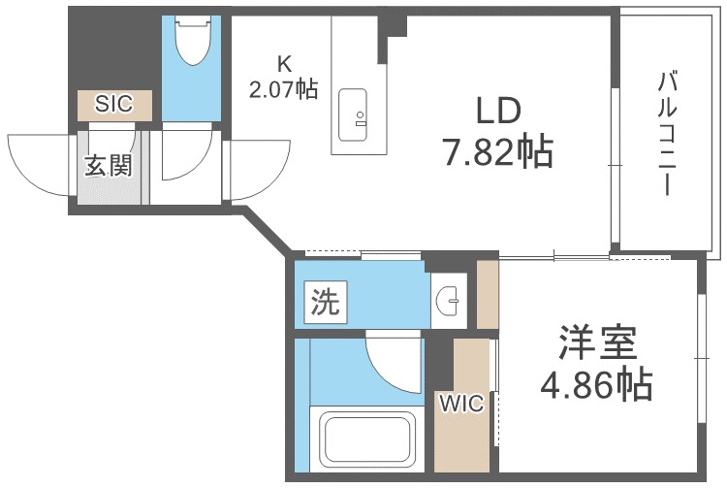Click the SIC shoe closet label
pos(114,104)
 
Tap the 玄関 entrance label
pos(108,166)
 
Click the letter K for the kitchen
pos(284,64)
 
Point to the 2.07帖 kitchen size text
pos(283,89)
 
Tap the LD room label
pos(499,112)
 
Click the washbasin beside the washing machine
pos(450,301)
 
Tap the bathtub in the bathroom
pos(367,439)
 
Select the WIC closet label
pos(460,403)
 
